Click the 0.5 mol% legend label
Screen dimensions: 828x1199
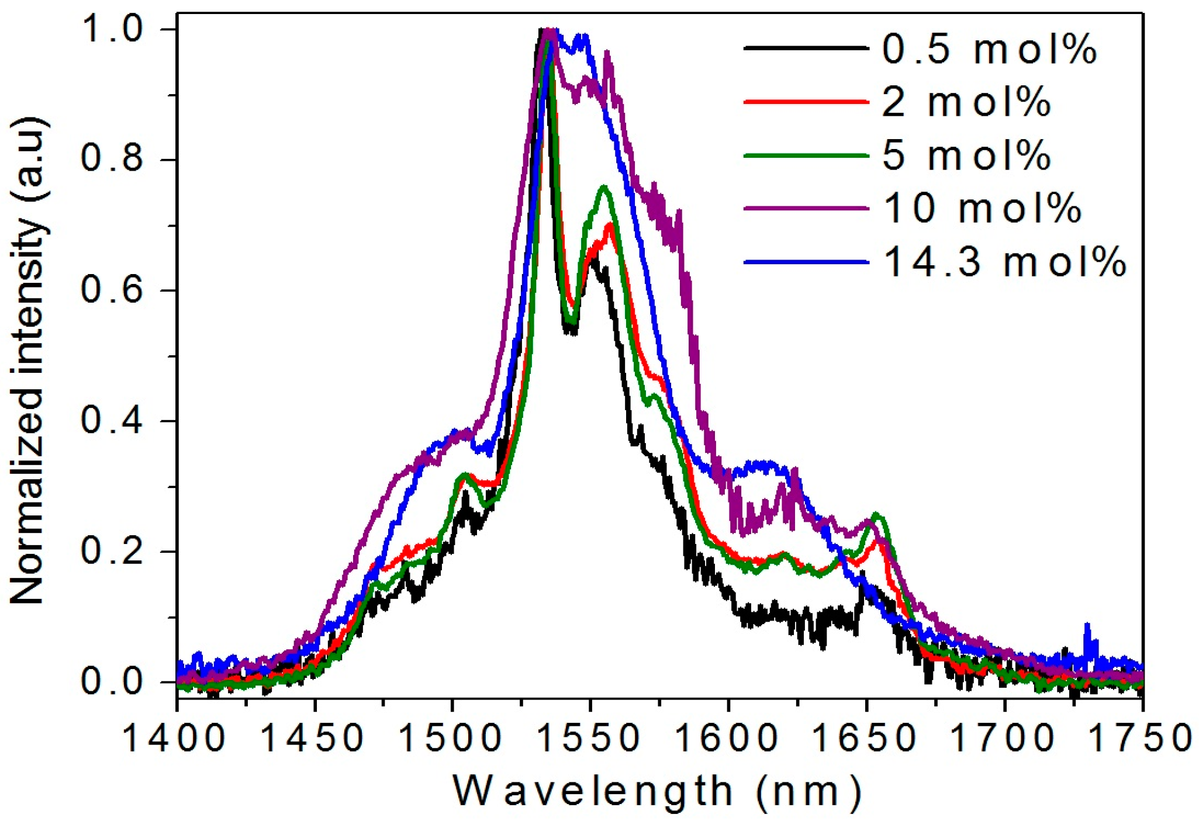[989, 48]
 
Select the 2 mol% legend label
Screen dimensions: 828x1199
[966, 102]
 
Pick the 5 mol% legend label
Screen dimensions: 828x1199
[966, 155]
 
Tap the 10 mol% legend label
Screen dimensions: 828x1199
[982, 208]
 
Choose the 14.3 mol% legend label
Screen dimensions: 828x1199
[1004, 261]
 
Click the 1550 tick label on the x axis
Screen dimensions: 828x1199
[589, 738]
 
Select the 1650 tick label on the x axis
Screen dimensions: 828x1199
[866, 738]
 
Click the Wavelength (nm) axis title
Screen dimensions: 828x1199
[658, 792]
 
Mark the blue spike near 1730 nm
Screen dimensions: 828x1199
[1087, 626]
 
